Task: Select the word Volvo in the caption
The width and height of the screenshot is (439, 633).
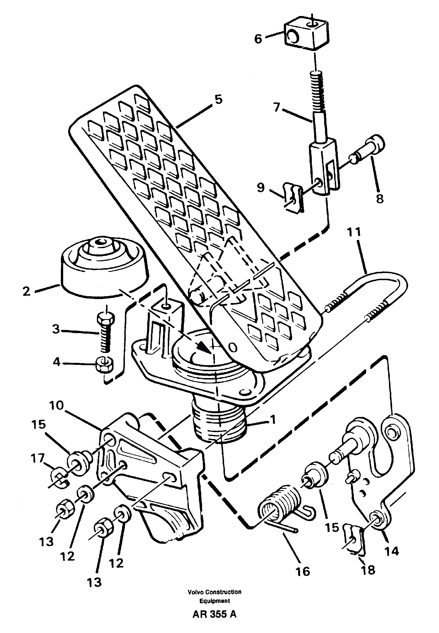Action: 195,590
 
